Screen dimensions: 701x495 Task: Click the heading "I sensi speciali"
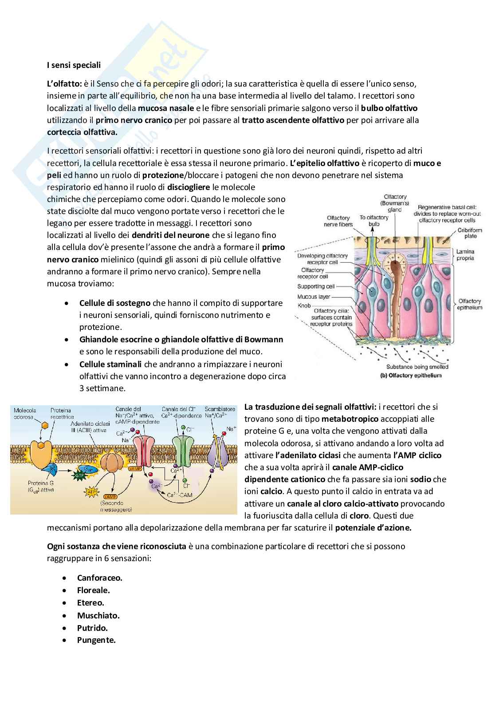[74, 65]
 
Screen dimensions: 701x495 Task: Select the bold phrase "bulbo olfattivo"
[389, 108]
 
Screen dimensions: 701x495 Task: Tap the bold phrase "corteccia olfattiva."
[82, 132]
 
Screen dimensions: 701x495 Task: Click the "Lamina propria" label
[465, 255]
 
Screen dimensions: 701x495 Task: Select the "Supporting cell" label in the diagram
[316, 287]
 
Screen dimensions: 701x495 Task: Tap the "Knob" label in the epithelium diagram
[304, 306]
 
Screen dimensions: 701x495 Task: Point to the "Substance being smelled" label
[417, 367]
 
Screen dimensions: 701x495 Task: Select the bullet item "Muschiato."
[98, 615]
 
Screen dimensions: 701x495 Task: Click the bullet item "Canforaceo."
[99, 578]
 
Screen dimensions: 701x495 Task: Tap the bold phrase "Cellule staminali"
[110, 364]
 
